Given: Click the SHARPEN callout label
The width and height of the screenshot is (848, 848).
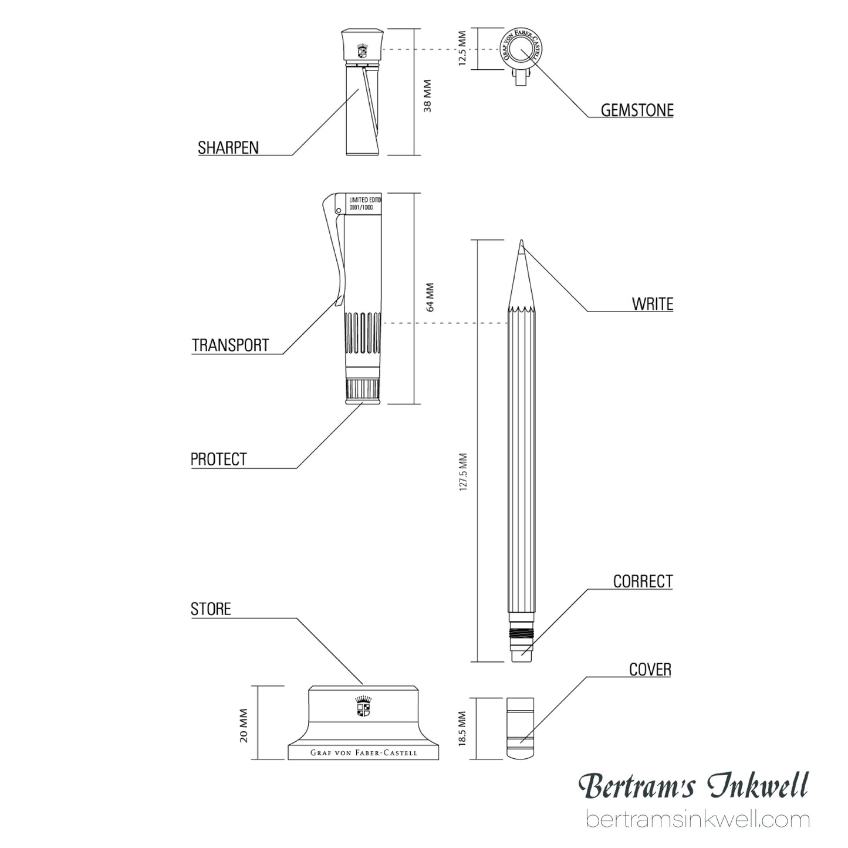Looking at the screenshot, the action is point(228,148).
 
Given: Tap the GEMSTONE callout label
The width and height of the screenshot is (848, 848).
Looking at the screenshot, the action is point(637,110).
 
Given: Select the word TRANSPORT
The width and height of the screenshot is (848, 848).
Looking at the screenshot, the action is point(230,345).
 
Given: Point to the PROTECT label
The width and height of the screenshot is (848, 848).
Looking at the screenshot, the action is point(219,460).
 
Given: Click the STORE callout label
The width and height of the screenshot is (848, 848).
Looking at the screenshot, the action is point(211,609).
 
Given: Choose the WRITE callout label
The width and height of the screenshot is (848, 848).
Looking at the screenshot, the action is point(653,304).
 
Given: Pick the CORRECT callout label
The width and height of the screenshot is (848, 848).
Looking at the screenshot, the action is point(643,582).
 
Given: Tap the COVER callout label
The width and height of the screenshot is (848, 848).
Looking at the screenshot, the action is point(650,670).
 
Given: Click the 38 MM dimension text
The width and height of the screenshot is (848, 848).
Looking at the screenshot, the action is point(427,96).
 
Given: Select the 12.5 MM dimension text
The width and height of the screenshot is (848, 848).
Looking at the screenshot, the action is point(462,48).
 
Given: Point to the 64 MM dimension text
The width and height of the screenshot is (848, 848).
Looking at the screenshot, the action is point(430,297).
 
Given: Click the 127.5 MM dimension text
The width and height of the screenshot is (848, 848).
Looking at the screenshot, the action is point(463,472).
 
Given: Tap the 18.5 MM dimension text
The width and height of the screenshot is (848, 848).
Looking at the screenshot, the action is point(462,729).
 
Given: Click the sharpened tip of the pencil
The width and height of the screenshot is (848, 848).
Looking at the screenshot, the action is point(522,241).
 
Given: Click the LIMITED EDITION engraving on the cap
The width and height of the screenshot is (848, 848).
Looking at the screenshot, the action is point(365,200).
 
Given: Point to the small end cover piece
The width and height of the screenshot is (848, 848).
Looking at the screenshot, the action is point(520,729).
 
